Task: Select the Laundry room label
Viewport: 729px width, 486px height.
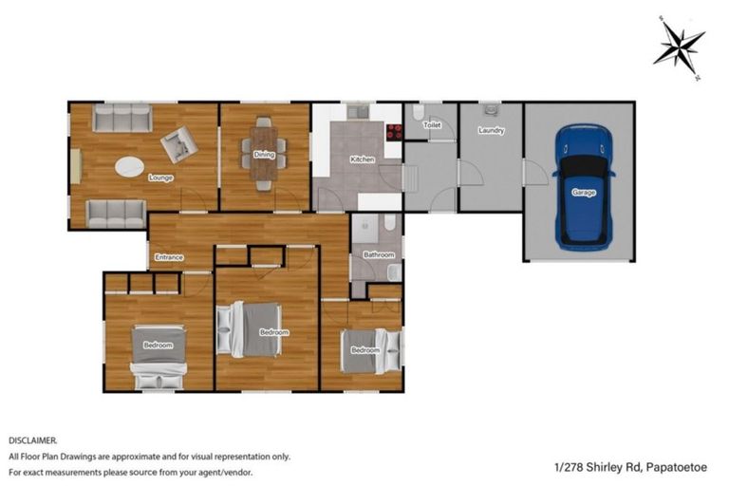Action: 491,131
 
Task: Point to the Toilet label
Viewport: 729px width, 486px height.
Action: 432,125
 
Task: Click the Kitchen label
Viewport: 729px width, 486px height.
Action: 362,159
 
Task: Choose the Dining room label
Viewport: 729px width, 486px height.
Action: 265,154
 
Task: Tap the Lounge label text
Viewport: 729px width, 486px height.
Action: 159,177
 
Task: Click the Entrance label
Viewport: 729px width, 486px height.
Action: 168,257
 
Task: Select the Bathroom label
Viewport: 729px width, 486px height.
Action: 379,254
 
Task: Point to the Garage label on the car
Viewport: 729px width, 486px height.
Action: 583,192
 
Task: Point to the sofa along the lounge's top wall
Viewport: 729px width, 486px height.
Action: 122,119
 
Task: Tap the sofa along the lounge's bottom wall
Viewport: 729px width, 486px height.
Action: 116,214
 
